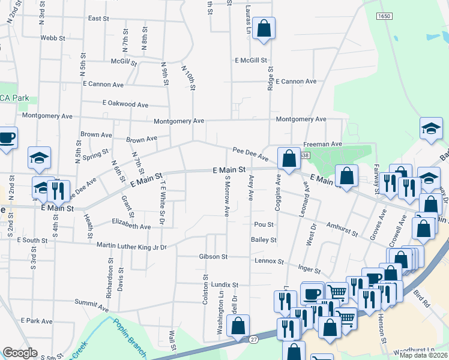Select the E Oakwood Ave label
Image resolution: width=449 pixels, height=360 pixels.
[125, 104]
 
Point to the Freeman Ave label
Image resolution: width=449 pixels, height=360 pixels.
[322, 144]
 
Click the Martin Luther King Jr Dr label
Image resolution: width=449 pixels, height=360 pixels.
[131, 246]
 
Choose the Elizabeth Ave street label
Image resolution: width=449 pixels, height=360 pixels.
[131, 227]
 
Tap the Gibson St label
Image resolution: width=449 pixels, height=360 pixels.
[213, 257]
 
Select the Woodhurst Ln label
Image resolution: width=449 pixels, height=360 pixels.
[414, 349]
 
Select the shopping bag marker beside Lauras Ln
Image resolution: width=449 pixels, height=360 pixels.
[264, 29]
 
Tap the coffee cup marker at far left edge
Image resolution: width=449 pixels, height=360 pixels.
[7, 138]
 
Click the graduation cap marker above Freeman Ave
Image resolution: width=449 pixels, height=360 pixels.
[431, 129]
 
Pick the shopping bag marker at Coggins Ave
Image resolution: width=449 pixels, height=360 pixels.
[289, 160]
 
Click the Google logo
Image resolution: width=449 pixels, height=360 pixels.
[20, 353]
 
